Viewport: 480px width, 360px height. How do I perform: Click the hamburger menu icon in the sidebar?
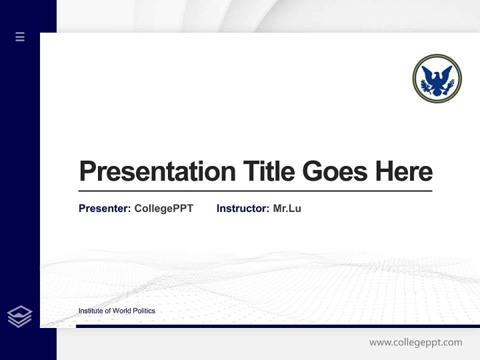[20, 36]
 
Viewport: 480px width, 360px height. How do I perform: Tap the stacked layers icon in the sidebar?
[19, 316]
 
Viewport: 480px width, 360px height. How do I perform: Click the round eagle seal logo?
[437, 78]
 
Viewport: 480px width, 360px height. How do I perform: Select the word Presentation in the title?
[157, 171]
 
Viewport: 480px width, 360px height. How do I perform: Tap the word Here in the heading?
[404, 171]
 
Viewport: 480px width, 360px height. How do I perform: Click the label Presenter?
[105, 208]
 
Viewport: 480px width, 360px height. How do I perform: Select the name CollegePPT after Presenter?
[163, 208]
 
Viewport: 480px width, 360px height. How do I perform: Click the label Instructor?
[243, 208]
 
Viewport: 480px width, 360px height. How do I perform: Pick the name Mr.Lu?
[287, 208]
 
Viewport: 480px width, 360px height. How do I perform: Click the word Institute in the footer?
[90, 311]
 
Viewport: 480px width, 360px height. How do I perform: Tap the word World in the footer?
[121, 311]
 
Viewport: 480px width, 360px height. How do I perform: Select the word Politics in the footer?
[144, 311]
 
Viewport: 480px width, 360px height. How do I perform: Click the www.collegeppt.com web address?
[415, 342]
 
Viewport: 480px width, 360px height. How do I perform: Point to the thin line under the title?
[255, 191]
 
